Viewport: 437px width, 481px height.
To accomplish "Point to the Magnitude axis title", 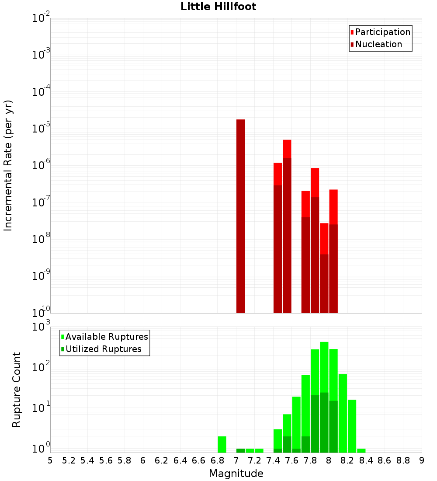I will pyautogui.click(x=236, y=474).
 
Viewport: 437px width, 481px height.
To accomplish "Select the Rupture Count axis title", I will pyautogui.click(x=17, y=389).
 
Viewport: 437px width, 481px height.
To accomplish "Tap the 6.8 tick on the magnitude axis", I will pyautogui.click(x=217, y=460).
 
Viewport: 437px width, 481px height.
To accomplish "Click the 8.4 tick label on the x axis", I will pyautogui.click(x=366, y=460).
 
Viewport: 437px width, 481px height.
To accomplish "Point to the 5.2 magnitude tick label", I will pyautogui.click(x=69, y=460).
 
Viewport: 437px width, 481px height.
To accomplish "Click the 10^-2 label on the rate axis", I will pyautogui.click(x=41, y=18).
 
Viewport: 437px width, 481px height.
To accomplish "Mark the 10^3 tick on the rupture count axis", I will pyautogui.click(x=42, y=327).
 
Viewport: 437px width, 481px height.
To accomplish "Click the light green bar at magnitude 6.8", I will pyautogui.click(x=222, y=444).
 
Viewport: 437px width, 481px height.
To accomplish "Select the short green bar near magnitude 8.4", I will pyautogui.click(x=361, y=450).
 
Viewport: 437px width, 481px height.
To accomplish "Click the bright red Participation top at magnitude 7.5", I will pyautogui.click(x=287, y=149).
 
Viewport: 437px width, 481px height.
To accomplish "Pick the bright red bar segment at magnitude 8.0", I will pyautogui.click(x=333, y=206).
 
